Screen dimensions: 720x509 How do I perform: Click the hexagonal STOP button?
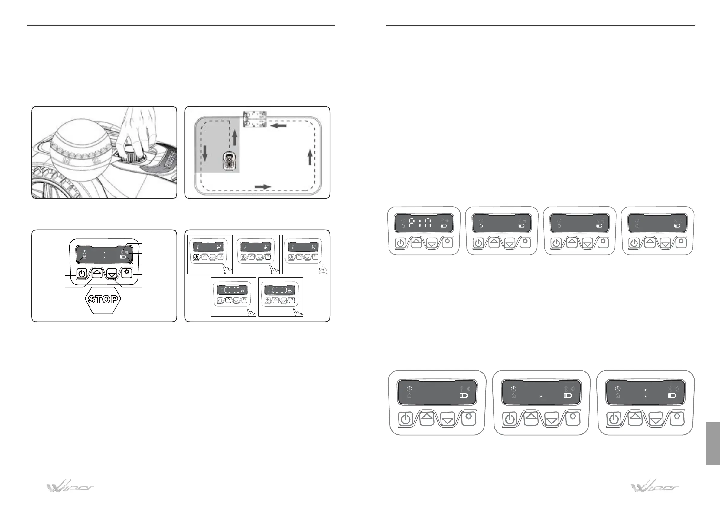pyautogui.click(x=103, y=299)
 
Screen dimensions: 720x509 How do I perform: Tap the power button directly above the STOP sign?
pyautogui.click(x=82, y=274)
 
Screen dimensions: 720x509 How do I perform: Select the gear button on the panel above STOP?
pyautogui.click(x=127, y=273)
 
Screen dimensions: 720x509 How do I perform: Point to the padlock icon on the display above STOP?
pyautogui.click(x=84, y=257)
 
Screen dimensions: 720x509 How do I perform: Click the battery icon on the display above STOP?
pyautogui.click(x=123, y=257)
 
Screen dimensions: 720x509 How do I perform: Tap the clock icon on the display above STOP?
pyautogui.click(x=84, y=252)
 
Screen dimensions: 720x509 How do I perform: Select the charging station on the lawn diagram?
pyautogui.click(x=255, y=119)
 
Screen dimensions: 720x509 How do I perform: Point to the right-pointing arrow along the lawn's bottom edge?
pyautogui.click(x=263, y=187)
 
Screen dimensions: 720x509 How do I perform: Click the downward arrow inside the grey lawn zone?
pyautogui.click(x=205, y=153)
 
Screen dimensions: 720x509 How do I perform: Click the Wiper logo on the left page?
pyautogui.click(x=70, y=487)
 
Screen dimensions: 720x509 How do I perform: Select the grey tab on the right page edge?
pyautogui.click(x=713, y=443)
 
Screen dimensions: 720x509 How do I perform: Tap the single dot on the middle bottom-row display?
pyautogui.click(x=541, y=396)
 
